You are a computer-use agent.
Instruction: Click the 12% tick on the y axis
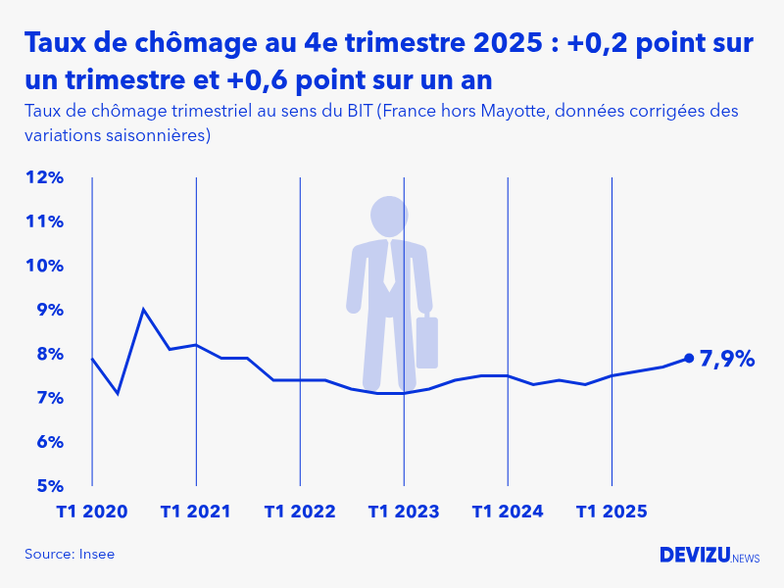[44, 177]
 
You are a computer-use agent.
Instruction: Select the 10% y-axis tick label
[44, 266]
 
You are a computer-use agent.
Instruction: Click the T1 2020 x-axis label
[92, 512]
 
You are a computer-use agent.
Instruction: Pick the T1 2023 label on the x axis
[404, 512]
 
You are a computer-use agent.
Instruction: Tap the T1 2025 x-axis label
[612, 512]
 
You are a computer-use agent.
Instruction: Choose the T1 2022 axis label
[300, 512]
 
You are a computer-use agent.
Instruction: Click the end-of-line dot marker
[689, 359]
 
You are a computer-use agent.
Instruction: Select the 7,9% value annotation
[727, 360]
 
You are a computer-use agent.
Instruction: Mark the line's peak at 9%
[144, 310]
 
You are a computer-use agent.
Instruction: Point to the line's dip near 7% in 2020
[118, 394]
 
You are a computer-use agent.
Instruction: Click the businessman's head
[390, 216]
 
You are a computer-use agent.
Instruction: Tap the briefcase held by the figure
[426, 342]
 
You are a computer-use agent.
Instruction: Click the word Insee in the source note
[96, 554]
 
